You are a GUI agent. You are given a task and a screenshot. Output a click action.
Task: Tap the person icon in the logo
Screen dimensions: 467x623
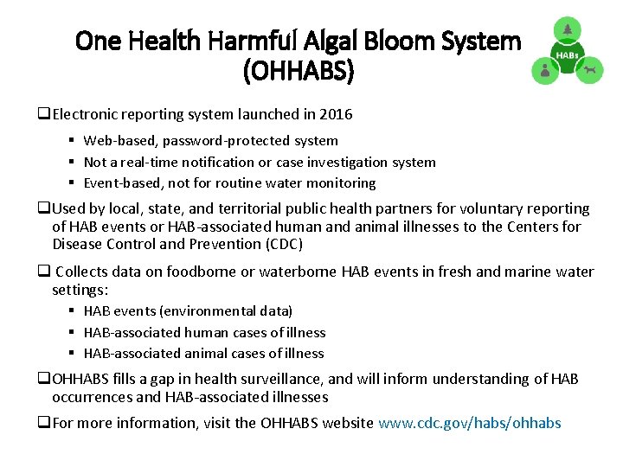click(544, 72)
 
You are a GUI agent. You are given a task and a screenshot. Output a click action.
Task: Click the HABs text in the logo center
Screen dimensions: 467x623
click(567, 55)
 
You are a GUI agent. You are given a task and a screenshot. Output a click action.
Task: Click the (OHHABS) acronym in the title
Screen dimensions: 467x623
click(299, 72)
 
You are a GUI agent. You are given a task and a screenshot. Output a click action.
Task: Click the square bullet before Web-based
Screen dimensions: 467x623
click(74, 140)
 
